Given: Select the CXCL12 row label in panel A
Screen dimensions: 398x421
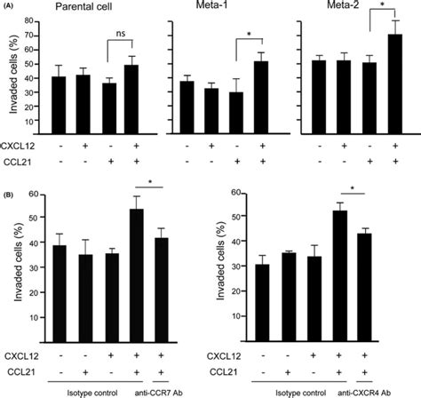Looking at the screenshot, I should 18,143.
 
